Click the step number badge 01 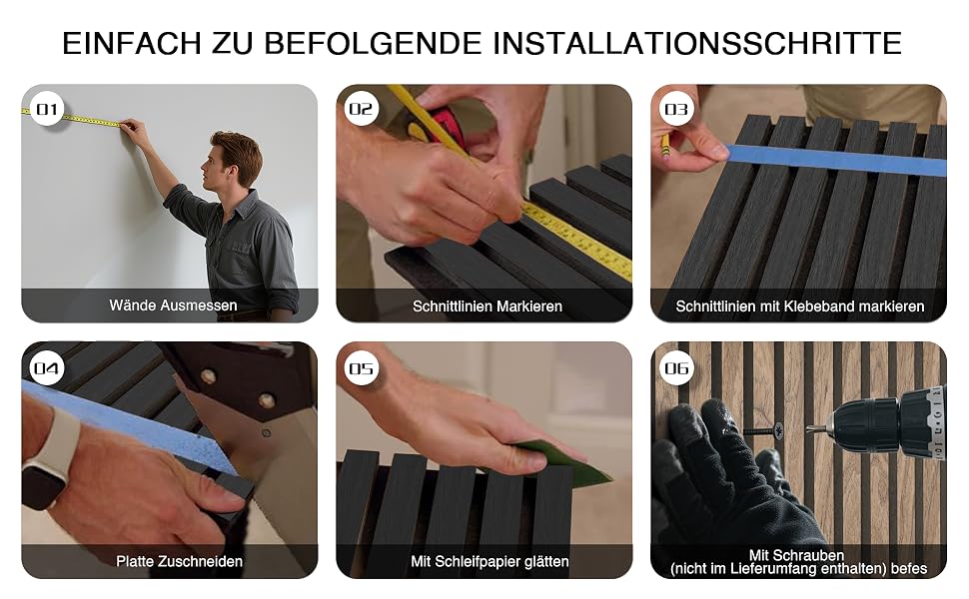pos(47,109)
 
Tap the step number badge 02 pos(362,109)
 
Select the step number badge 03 pos(676,109)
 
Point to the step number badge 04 pos(47,368)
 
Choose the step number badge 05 pos(362,368)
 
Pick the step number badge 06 pos(676,368)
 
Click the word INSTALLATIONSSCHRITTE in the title pos(697,43)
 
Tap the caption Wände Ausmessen pos(173,305)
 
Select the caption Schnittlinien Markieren pos(486,306)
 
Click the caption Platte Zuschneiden pos(179,561)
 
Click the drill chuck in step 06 pos(865,425)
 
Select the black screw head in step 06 pos(777,430)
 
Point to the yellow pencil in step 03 pos(665,146)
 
